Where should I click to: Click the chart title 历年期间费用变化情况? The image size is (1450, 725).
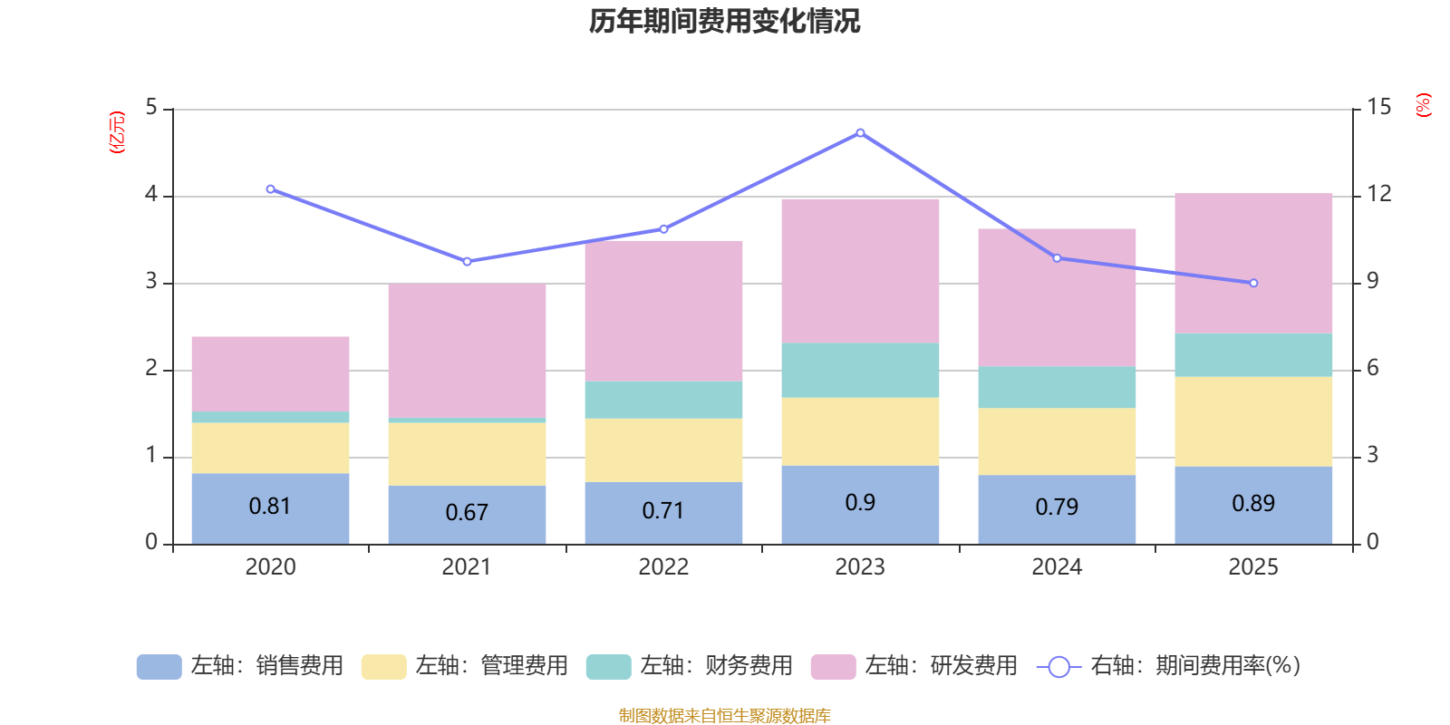724,21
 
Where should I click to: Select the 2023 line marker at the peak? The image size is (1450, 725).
860,133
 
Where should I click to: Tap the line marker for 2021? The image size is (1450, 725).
467,262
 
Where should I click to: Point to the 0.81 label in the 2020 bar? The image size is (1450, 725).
270,507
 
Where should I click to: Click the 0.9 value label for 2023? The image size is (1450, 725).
860,503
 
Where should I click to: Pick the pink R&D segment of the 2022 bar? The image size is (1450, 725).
663,310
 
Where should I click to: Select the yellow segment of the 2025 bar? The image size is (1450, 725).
1253,421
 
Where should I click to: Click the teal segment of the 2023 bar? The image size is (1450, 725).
860,370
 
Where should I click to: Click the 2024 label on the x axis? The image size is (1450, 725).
1057,567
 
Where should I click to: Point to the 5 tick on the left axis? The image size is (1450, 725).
151,108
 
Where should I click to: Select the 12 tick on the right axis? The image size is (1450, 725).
1379,194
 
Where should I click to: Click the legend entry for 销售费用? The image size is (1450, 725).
240,666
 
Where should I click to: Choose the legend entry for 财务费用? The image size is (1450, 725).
690,666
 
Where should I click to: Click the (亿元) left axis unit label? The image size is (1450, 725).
116,132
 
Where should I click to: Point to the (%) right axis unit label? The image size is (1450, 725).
1423,105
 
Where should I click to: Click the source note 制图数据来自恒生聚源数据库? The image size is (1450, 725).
724,716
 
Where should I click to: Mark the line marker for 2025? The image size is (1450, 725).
1253,284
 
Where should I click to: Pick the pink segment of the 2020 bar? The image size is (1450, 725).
270,373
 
